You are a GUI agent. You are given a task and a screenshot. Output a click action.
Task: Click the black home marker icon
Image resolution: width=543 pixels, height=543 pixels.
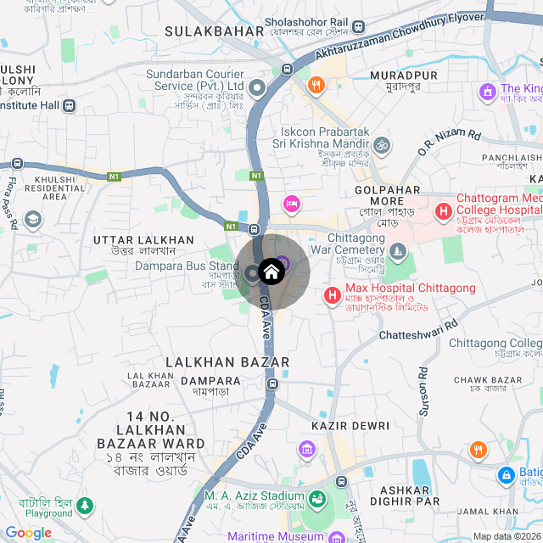coord(271,271)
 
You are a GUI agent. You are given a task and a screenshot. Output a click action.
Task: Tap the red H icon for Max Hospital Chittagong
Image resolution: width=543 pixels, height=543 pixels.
coord(333,294)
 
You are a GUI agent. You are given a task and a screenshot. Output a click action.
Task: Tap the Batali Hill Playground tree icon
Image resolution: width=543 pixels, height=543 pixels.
coord(84,507)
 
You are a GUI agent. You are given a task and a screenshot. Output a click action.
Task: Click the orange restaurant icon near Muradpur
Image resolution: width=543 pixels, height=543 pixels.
coord(316,84)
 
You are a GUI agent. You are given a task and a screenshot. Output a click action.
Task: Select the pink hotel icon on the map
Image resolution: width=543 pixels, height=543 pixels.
coord(292,203)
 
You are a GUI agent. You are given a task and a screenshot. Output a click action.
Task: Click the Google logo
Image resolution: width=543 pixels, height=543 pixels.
coord(28,533)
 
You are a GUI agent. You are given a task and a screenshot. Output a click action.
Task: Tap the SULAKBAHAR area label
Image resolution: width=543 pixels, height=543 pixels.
coord(203,31)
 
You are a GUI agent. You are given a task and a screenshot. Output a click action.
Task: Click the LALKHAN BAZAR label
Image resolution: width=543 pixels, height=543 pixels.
coord(227,362)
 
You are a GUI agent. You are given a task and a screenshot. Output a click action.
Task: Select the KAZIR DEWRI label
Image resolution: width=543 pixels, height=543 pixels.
coord(350,426)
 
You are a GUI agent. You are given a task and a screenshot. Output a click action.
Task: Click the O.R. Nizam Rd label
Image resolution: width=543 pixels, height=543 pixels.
coord(450,143)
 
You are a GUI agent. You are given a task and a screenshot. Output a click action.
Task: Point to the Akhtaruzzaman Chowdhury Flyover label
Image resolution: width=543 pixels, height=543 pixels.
coord(399,31)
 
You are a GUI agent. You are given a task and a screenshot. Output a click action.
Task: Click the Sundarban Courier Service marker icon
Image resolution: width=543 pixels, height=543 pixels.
coord(255,86)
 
